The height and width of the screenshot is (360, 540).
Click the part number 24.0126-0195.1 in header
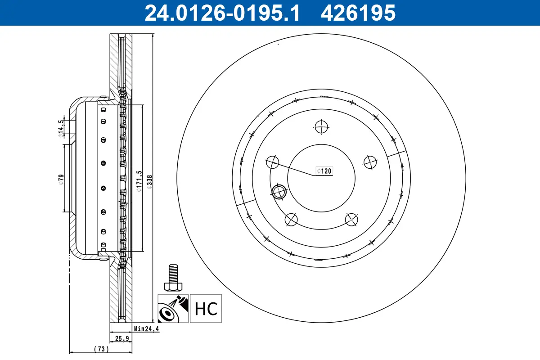click(x=221, y=13)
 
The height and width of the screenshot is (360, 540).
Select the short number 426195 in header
click(x=358, y=13)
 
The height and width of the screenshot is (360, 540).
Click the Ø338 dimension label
click(x=150, y=183)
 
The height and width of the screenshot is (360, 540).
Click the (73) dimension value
click(x=101, y=349)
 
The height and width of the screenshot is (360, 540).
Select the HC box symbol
click(x=206, y=309)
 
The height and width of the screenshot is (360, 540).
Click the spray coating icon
click(x=173, y=309)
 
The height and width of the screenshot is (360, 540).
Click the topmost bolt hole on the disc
click(x=322, y=127)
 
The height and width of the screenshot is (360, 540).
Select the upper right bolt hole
click(x=370, y=162)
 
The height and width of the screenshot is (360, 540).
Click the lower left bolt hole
click(x=292, y=220)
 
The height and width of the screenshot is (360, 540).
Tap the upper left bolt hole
click(x=273, y=162)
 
